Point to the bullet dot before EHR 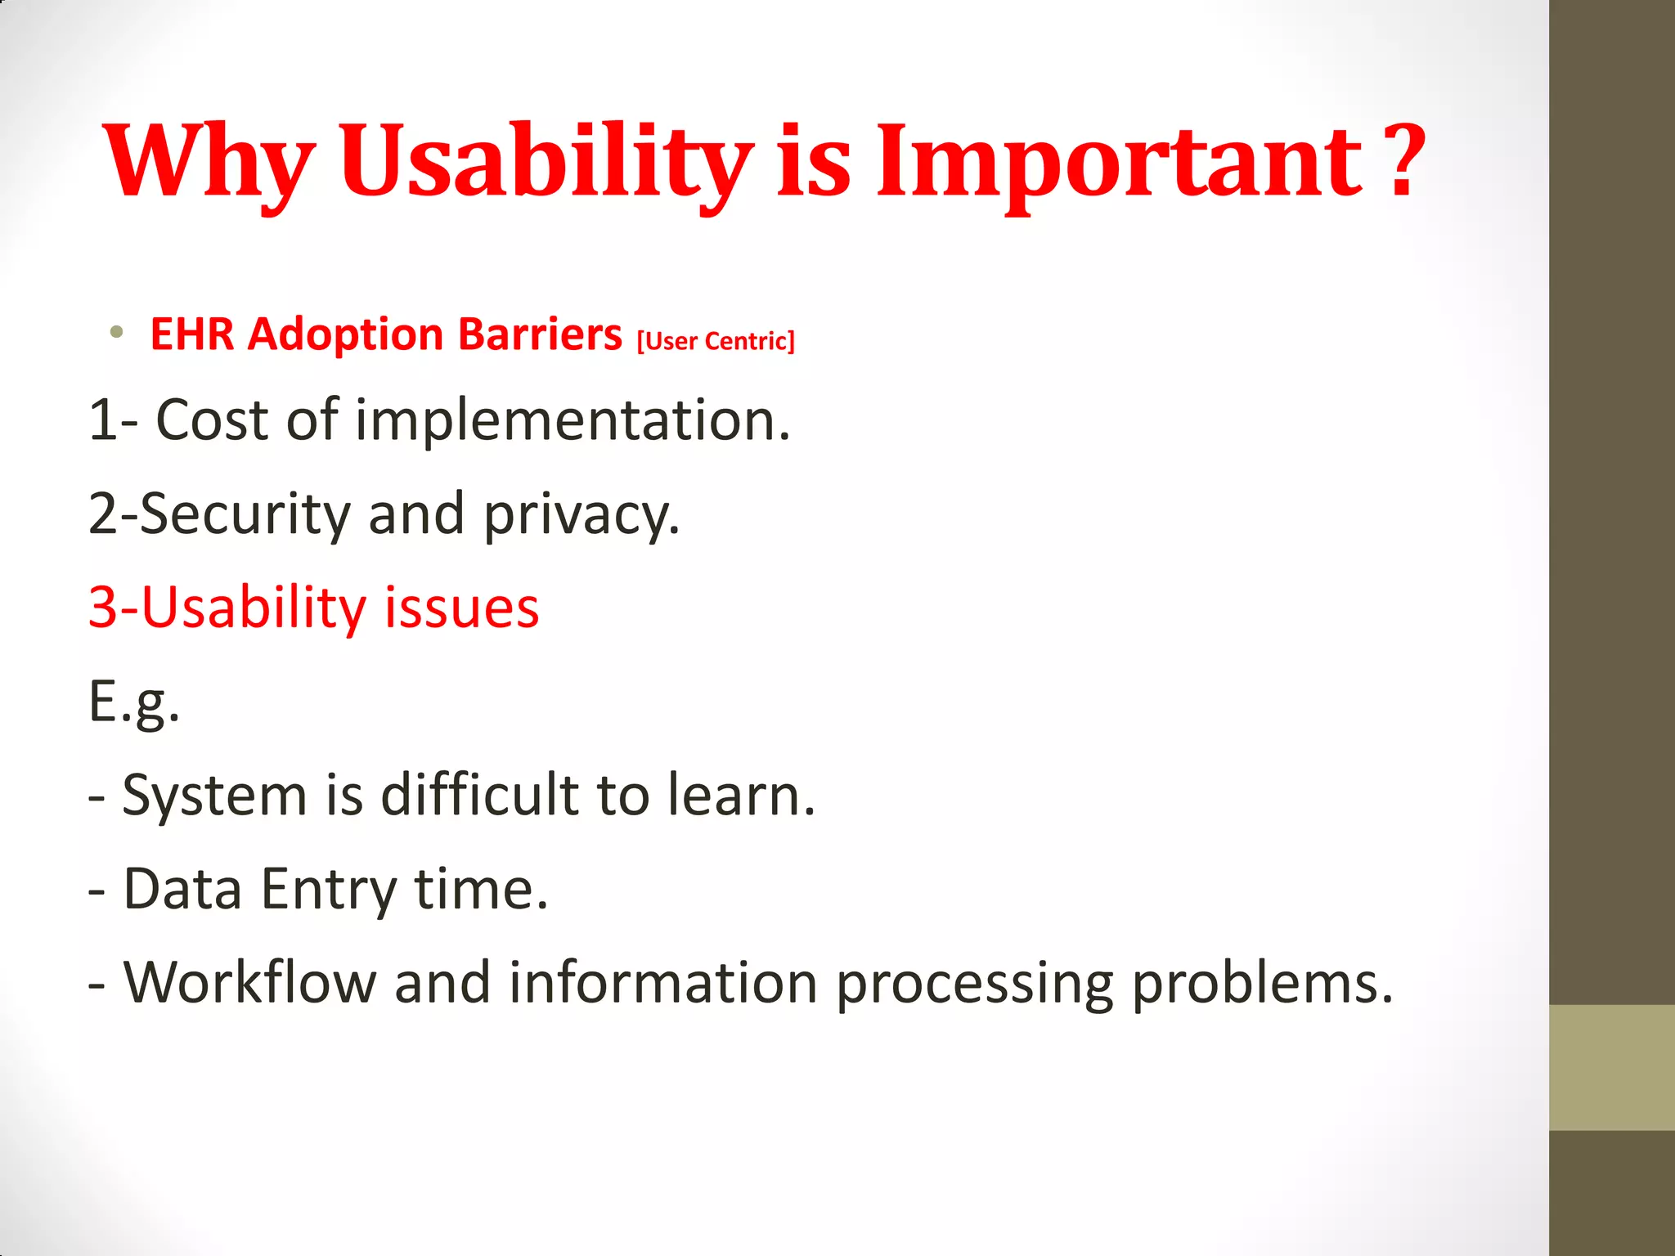(117, 332)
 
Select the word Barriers (540, 334)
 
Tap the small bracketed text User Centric (716, 340)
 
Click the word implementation (573, 419)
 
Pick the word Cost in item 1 (212, 419)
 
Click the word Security (245, 514)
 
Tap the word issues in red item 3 (461, 608)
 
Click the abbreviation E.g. (134, 702)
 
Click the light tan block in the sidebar (1611, 1067)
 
